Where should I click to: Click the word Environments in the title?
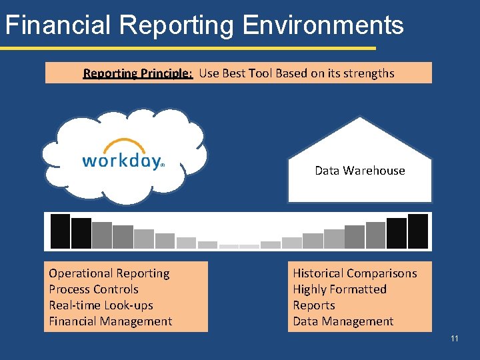323,25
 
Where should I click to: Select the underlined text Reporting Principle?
138,73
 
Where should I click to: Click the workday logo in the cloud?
123,161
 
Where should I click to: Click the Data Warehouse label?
360,171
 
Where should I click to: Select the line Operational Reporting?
109,273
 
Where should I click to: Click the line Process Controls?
94,289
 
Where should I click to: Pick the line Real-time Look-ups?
101,305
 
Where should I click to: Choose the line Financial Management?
111,321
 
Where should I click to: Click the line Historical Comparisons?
355,273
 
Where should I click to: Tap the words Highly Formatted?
340,289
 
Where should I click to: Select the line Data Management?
343,321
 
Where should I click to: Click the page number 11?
455,339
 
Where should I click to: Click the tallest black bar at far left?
61,231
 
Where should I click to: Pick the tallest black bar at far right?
418,231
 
